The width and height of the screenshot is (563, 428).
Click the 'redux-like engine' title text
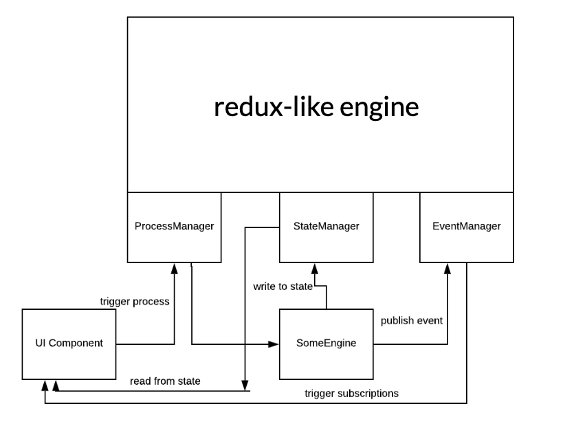click(316, 107)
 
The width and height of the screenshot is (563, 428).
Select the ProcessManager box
click(174, 226)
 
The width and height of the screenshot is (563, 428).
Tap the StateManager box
click(326, 226)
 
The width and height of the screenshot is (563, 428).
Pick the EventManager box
click(467, 226)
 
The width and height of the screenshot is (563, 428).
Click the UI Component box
click(69, 343)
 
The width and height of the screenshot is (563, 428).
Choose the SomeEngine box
click(325, 343)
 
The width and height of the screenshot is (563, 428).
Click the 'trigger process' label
click(134, 301)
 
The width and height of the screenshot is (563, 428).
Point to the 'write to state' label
click(283, 285)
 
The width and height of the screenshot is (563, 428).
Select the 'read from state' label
click(165, 380)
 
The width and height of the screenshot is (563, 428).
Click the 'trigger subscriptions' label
click(351, 394)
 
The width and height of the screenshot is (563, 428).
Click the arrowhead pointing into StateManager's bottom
click(313, 267)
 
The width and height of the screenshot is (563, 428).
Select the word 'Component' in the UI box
click(80, 343)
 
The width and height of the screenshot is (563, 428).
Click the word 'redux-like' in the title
click(264, 107)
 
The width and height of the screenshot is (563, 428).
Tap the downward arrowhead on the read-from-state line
click(244, 385)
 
